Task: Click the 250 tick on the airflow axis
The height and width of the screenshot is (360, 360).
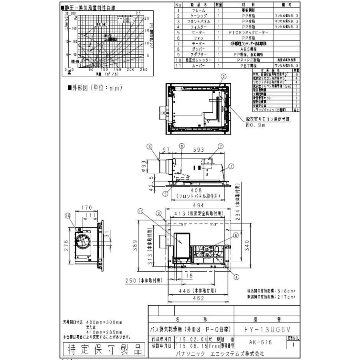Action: [144, 70]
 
